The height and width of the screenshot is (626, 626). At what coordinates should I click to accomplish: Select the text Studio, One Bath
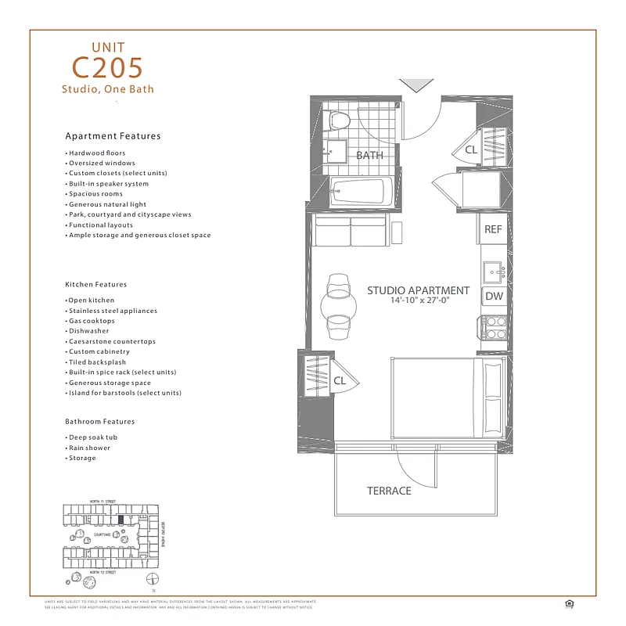108,89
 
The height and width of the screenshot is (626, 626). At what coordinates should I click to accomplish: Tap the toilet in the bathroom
340,120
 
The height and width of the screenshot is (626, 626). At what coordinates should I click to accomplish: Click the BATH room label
369,155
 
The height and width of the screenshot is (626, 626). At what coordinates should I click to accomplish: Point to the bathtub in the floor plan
360,190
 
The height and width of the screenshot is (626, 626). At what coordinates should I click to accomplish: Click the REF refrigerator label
493,229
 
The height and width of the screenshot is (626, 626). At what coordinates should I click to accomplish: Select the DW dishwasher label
494,297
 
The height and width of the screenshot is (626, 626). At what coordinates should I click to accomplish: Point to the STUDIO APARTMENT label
419,290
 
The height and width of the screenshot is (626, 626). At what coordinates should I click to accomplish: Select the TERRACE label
389,491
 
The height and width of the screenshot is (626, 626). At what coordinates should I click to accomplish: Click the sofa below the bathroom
351,232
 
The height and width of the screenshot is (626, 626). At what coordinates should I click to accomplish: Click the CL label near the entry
471,149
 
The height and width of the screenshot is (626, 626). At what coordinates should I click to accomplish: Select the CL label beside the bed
340,381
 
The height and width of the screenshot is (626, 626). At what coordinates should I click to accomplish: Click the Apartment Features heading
113,136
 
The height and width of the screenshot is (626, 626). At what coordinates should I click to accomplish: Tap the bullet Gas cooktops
92,321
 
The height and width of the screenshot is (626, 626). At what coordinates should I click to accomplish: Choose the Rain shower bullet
89,448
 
